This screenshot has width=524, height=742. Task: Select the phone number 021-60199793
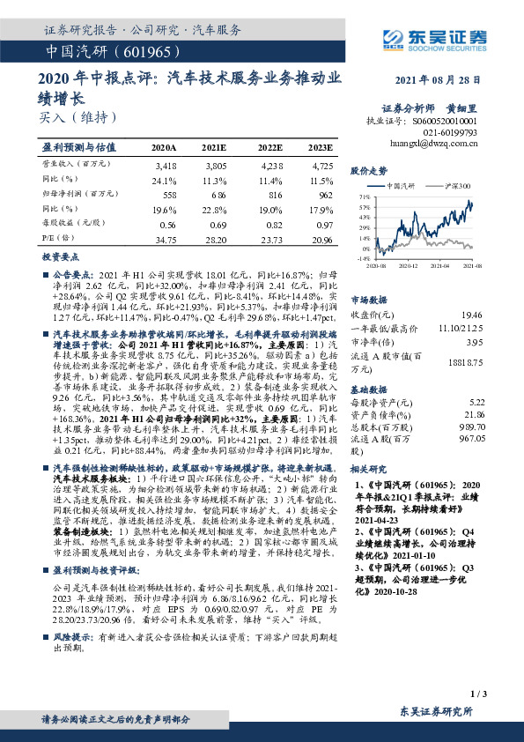(x=454, y=130)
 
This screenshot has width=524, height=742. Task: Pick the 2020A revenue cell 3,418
(x=166, y=165)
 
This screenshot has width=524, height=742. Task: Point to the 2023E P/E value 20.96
(x=321, y=240)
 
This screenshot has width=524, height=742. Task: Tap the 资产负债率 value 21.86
(x=473, y=413)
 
